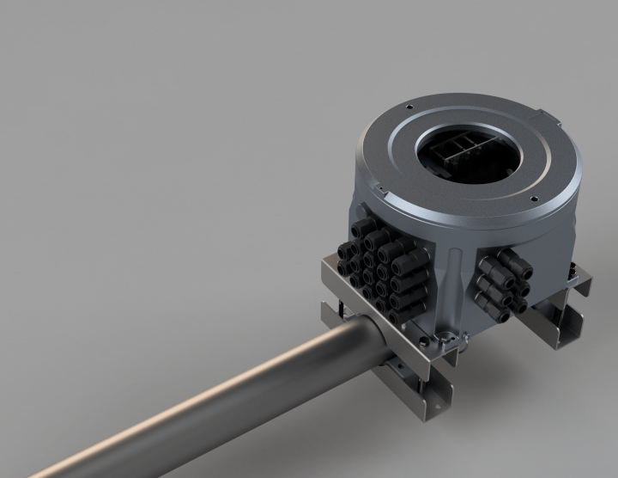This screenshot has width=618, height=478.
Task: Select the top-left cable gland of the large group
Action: pos(359,228)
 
